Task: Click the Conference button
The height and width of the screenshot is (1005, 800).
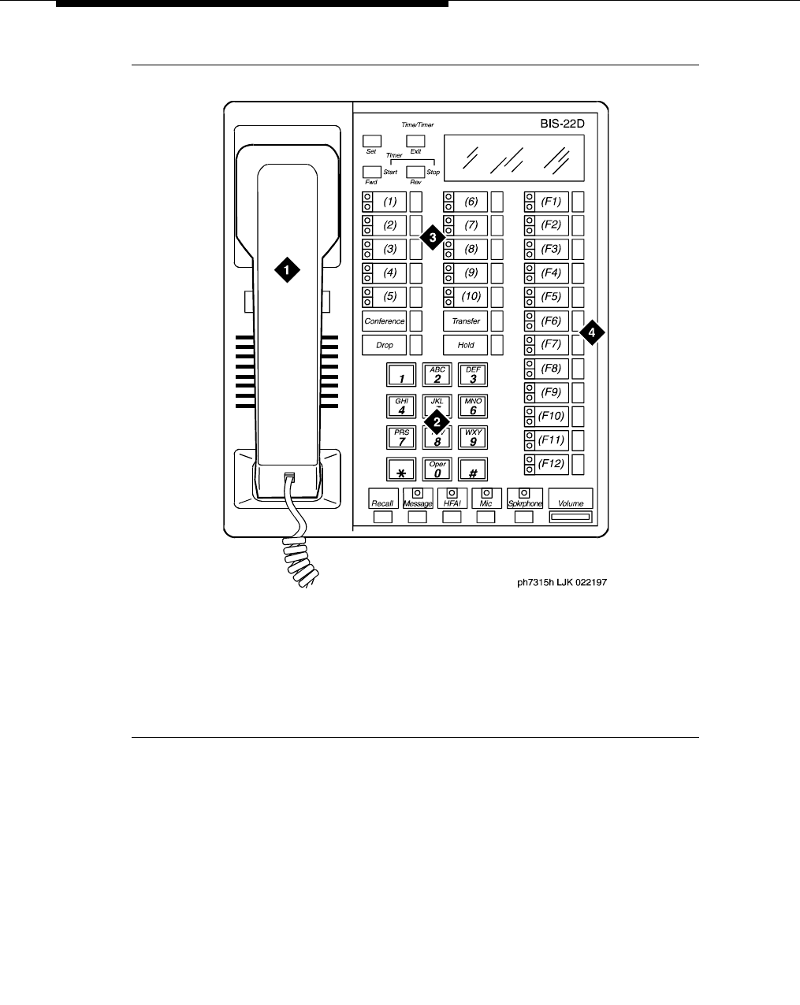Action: [x=385, y=321]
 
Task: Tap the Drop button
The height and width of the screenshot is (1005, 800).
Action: [x=385, y=345]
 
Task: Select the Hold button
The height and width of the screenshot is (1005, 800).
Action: [x=466, y=345]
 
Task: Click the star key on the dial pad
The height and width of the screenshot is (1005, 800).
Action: [x=401, y=469]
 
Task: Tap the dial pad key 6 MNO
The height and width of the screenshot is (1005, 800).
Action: [x=473, y=406]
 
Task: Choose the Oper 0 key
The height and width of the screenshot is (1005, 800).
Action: [x=437, y=469]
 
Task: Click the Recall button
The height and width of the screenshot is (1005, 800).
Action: [x=382, y=499]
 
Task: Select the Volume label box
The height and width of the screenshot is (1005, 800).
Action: [x=571, y=499]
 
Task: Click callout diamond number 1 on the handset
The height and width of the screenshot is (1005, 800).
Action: [x=286, y=269]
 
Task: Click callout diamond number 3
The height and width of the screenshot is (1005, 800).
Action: [x=432, y=236]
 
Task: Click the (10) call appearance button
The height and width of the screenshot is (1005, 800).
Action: [x=471, y=297]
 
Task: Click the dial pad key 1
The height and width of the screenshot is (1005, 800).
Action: [x=401, y=375]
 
